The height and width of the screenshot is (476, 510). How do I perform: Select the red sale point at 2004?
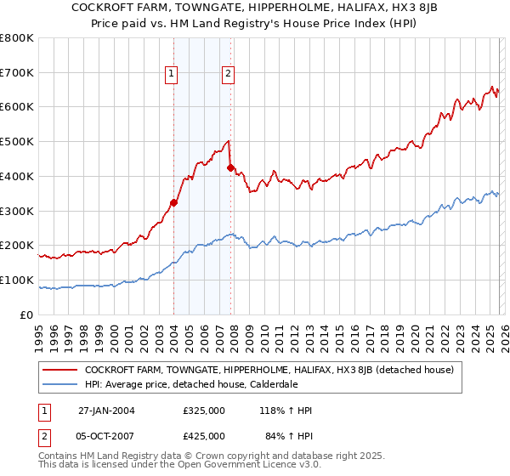(173, 202)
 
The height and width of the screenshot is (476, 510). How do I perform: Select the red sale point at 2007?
(230, 167)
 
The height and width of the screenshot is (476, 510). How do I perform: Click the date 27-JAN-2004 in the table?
(106, 411)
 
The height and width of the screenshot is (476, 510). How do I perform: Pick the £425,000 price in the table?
(204, 436)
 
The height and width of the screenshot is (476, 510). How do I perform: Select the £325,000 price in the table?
(204, 411)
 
